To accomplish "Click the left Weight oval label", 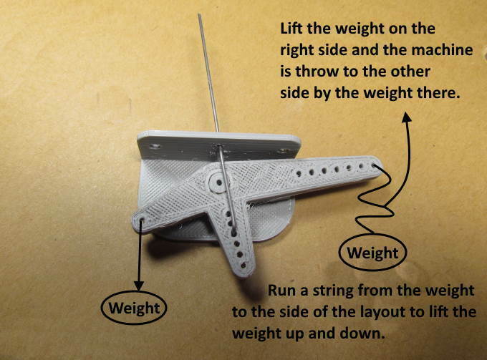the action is pos(134,308).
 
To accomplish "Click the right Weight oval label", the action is pos(372,253).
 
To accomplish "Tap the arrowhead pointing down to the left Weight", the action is pos(138,286).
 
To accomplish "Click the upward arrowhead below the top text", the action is pos(406,118).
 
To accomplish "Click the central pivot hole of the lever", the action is pos(219,183).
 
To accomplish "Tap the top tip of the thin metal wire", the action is pos(199,14).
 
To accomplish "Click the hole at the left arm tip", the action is pos(143,220).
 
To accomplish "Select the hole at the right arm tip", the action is pos(373,165).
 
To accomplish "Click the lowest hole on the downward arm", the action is pos(243,266).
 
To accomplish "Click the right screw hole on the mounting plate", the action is pos(283,152).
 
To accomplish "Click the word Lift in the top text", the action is pos(291,29).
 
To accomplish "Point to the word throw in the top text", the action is pos(317,72).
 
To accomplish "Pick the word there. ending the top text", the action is pos(438,92).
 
